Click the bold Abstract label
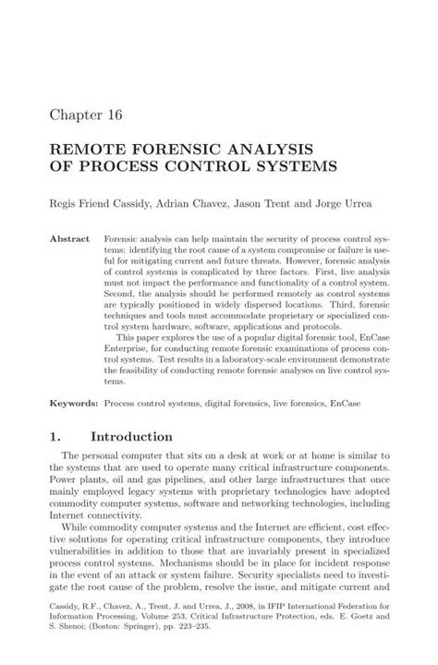coord(69,237)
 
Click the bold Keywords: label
coord(73,404)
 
